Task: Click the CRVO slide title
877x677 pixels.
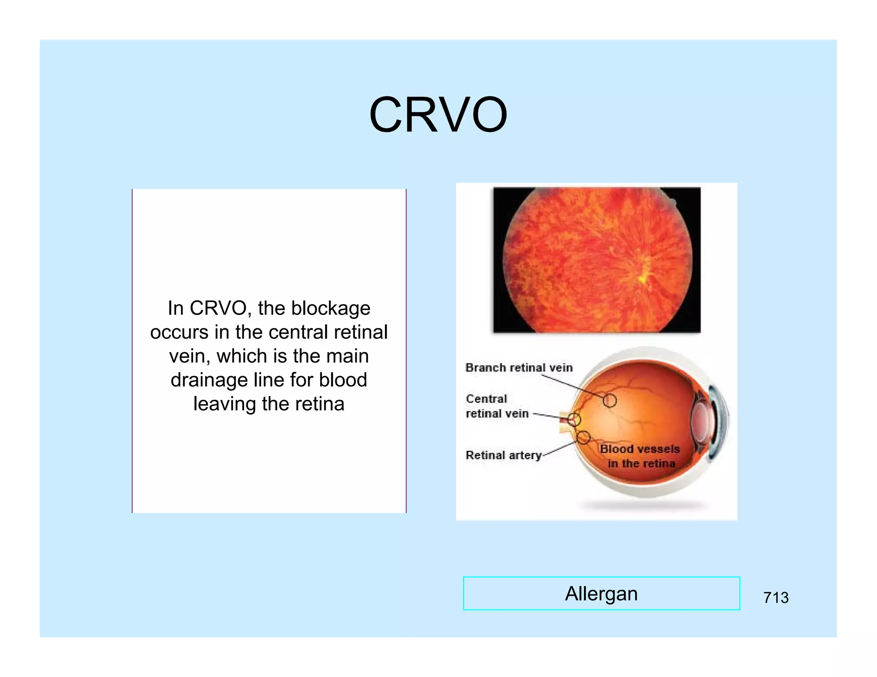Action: [x=438, y=115]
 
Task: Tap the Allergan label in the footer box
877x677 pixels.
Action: [x=601, y=594]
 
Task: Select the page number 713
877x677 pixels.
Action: [x=776, y=597]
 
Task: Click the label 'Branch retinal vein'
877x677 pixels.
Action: [x=519, y=368]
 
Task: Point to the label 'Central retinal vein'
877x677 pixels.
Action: [x=497, y=406]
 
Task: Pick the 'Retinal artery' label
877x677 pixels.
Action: [x=504, y=455]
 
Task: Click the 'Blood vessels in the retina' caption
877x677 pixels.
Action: [x=640, y=456]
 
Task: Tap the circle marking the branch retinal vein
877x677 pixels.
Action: [x=610, y=401]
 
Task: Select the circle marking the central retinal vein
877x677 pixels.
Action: [x=574, y=420]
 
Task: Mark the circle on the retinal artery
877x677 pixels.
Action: [x=583, y=437]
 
